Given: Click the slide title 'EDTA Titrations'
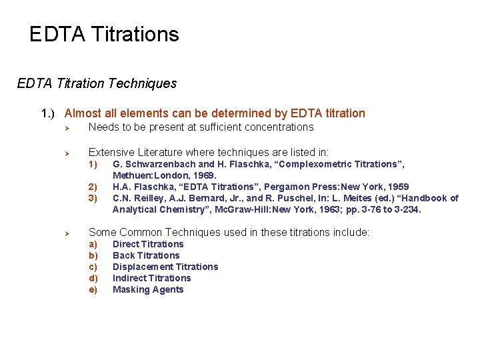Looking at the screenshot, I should click(x=104, y=35).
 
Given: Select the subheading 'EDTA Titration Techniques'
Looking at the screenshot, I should click(x=97, y=84).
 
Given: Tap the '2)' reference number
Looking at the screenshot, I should click(x=93, y=187).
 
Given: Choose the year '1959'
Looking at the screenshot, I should click(x=397, y=187).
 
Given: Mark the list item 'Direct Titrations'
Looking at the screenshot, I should click(x=148, y=245).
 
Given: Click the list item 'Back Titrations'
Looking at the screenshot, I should click(x=146, y=256).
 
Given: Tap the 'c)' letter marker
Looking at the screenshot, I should click(x=93, y=267).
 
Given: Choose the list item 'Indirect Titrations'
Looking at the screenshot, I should click(x=151, y=279).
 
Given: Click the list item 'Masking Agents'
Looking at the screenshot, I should click(x=148, y=290).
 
